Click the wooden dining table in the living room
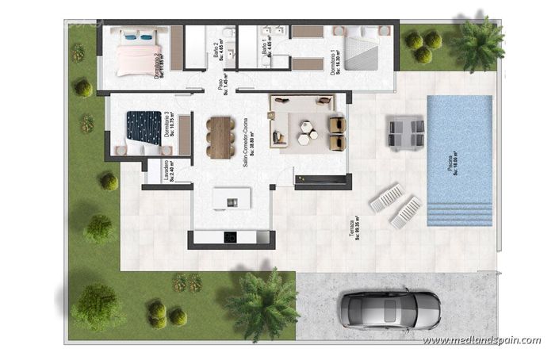(220, 137)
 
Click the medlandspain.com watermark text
(481, 340)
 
